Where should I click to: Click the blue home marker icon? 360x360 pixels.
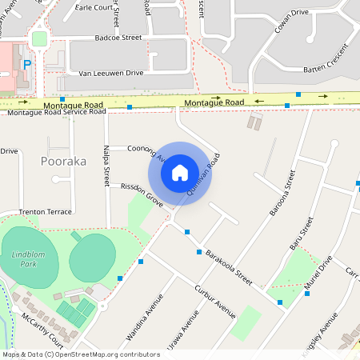coord(180,173)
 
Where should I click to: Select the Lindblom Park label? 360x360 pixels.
coord(30,258)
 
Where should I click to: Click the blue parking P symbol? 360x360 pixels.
coord(27,64)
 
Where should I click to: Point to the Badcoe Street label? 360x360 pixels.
coord(118,38)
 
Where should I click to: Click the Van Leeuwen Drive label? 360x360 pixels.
coord(111,73)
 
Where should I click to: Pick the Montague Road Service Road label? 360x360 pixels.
coord(57,112)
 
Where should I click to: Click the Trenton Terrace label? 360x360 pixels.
coord(45,212)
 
